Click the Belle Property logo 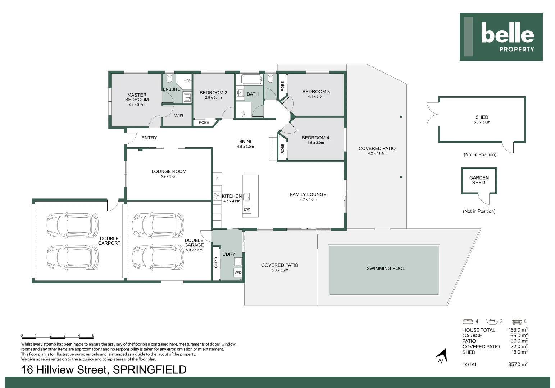click(x=501, y=37)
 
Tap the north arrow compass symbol click(x=442, y=356)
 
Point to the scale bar click(x=57, y=337)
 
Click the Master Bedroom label click(x=137, y=97)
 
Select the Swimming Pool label click(x=386, y=268)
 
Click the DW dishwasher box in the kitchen click(x=246, y=209)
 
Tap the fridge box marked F click(x=217, y=179)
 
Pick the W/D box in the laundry click(x=238, y=272)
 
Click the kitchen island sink click(x=247, y=197)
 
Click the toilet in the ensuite click(x=169, y=78)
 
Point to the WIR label click(x=179, y=116)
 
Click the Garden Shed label click(x=479, y=180)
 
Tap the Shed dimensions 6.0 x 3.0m click(x=482, y=122)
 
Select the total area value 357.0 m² click(x=518, y=364)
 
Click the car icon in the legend click(x=517, y=322)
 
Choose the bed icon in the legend click(x=468, y=322)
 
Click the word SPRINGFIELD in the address click(x=150, y=370)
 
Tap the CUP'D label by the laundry click(x=216, y=263)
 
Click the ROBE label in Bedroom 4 click(x=282, y=148)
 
